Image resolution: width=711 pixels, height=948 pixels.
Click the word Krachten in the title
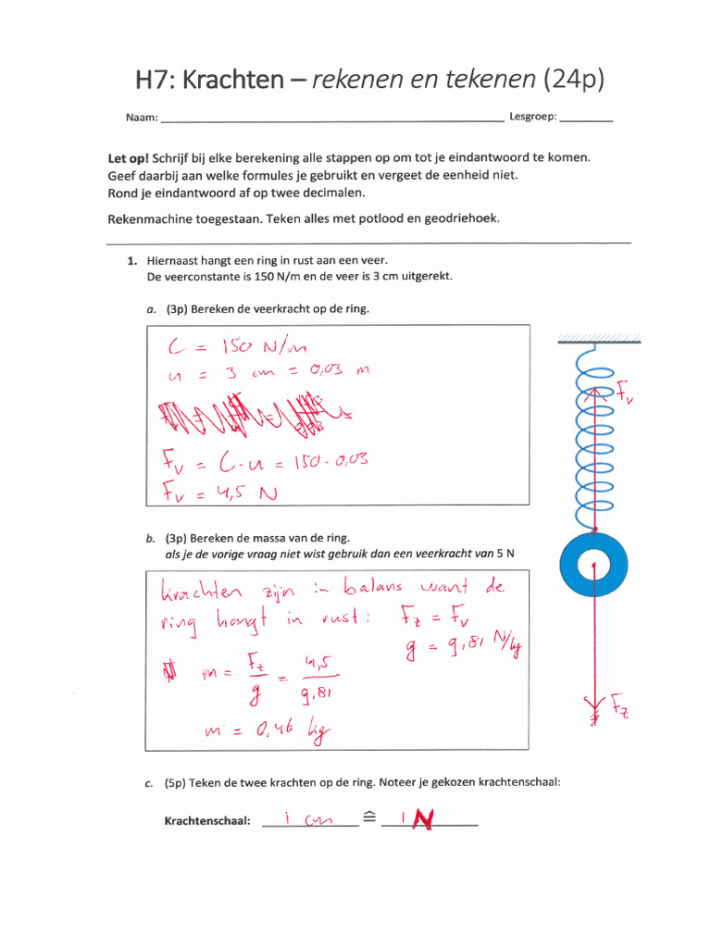coord(232,80)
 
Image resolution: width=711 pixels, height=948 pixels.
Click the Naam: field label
coord(142,118)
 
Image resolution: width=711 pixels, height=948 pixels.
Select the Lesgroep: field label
coord(531,118)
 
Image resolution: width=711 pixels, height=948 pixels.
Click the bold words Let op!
coord(129,158)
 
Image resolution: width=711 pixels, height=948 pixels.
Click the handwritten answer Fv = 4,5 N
coord(219,492)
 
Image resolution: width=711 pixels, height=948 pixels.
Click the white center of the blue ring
coord(593,565)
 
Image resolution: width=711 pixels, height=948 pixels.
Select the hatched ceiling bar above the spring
coord(593,338)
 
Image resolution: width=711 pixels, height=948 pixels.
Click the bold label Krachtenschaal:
coord(207,820)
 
